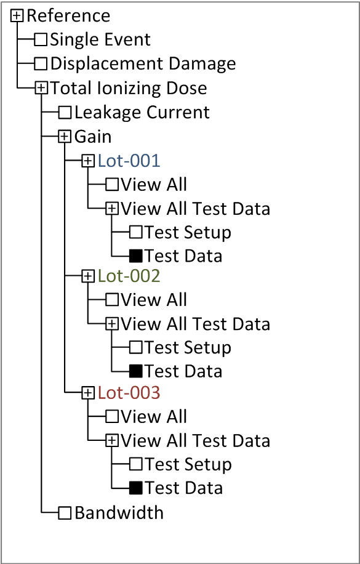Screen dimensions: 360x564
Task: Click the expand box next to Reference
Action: click(17, 16)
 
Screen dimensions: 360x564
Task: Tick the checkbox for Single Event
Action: click(41, 39)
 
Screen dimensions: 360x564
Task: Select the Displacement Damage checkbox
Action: click(41, 63)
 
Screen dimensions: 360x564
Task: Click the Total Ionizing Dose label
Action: click(129, 89)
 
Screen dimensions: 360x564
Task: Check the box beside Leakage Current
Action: click(65, 113)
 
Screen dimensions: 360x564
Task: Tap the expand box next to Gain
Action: click(65, 137)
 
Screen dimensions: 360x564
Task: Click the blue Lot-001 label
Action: click(129, 161)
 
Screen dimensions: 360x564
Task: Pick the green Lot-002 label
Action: click(129, 276)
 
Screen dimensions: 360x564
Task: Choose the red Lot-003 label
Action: click(129, 393)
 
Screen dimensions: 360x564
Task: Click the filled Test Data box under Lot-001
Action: click(136, 256)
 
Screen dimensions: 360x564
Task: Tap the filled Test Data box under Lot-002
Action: click(136, 371)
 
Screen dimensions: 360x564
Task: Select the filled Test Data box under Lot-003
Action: click(136, 488)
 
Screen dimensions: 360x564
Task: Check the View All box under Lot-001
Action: click(112, 185)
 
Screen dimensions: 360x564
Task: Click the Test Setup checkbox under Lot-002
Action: click(136, 347)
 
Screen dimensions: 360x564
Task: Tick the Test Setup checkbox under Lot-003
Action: click(136, 464)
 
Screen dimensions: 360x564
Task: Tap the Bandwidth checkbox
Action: click(65, 512)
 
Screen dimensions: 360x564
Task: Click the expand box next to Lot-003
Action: click(88, 393)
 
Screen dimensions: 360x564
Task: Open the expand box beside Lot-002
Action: click(88, 276)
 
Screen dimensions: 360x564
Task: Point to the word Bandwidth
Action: click(119, 512)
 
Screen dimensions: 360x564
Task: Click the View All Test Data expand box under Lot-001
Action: click(112, 209)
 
